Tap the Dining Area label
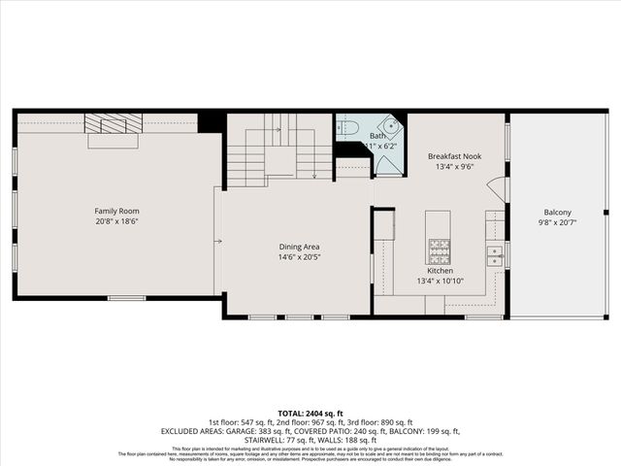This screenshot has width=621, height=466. (x=299, y=247)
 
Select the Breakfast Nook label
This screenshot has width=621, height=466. (x=454, y=155)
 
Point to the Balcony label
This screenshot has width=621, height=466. (x=557, y=212)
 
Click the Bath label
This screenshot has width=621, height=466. (x=378, y=136)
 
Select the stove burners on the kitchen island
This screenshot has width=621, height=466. (x=439, y=250)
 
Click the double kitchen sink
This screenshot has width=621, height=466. (x=495, y=255)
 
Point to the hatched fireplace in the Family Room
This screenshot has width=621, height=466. (x=114, y=123)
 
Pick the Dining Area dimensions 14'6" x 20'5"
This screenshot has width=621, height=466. (x=299, y=257)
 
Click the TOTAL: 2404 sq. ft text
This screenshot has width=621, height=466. (x=310, y=413)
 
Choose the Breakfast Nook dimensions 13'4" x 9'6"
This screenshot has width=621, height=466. (x=454, y=166)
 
